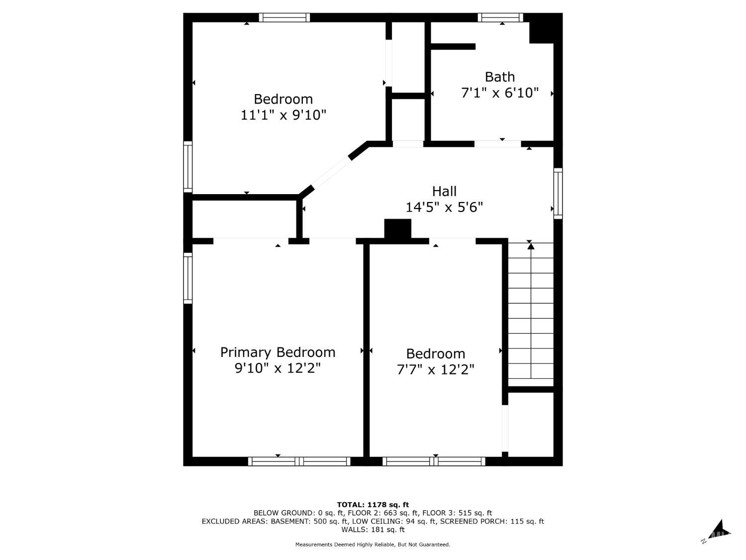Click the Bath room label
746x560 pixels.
tap(499, 77)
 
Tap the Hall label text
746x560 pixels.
tap(444, 191)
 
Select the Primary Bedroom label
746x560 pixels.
tap(278, 352)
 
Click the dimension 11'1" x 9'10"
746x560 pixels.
tap(283, 115)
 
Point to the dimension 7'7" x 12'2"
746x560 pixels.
tap(435, 369)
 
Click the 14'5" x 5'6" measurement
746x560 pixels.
tap(444, 207)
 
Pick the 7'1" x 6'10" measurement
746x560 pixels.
tap(500, 93)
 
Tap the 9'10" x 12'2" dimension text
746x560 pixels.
tap(278, 368)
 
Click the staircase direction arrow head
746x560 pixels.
tap(531, 245)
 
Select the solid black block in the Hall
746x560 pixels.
tap(397, 228)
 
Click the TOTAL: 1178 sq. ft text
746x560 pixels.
tap(373, 505)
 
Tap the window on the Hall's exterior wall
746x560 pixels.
tap(558, 194)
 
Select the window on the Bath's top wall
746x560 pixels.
tap(500, 17)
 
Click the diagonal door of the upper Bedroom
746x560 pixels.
tap(331, 173)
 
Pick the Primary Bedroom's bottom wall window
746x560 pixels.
tap(299, 461)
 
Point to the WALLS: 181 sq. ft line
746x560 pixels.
tap(373, 530)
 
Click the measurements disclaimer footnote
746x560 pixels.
tap(373, 545)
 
